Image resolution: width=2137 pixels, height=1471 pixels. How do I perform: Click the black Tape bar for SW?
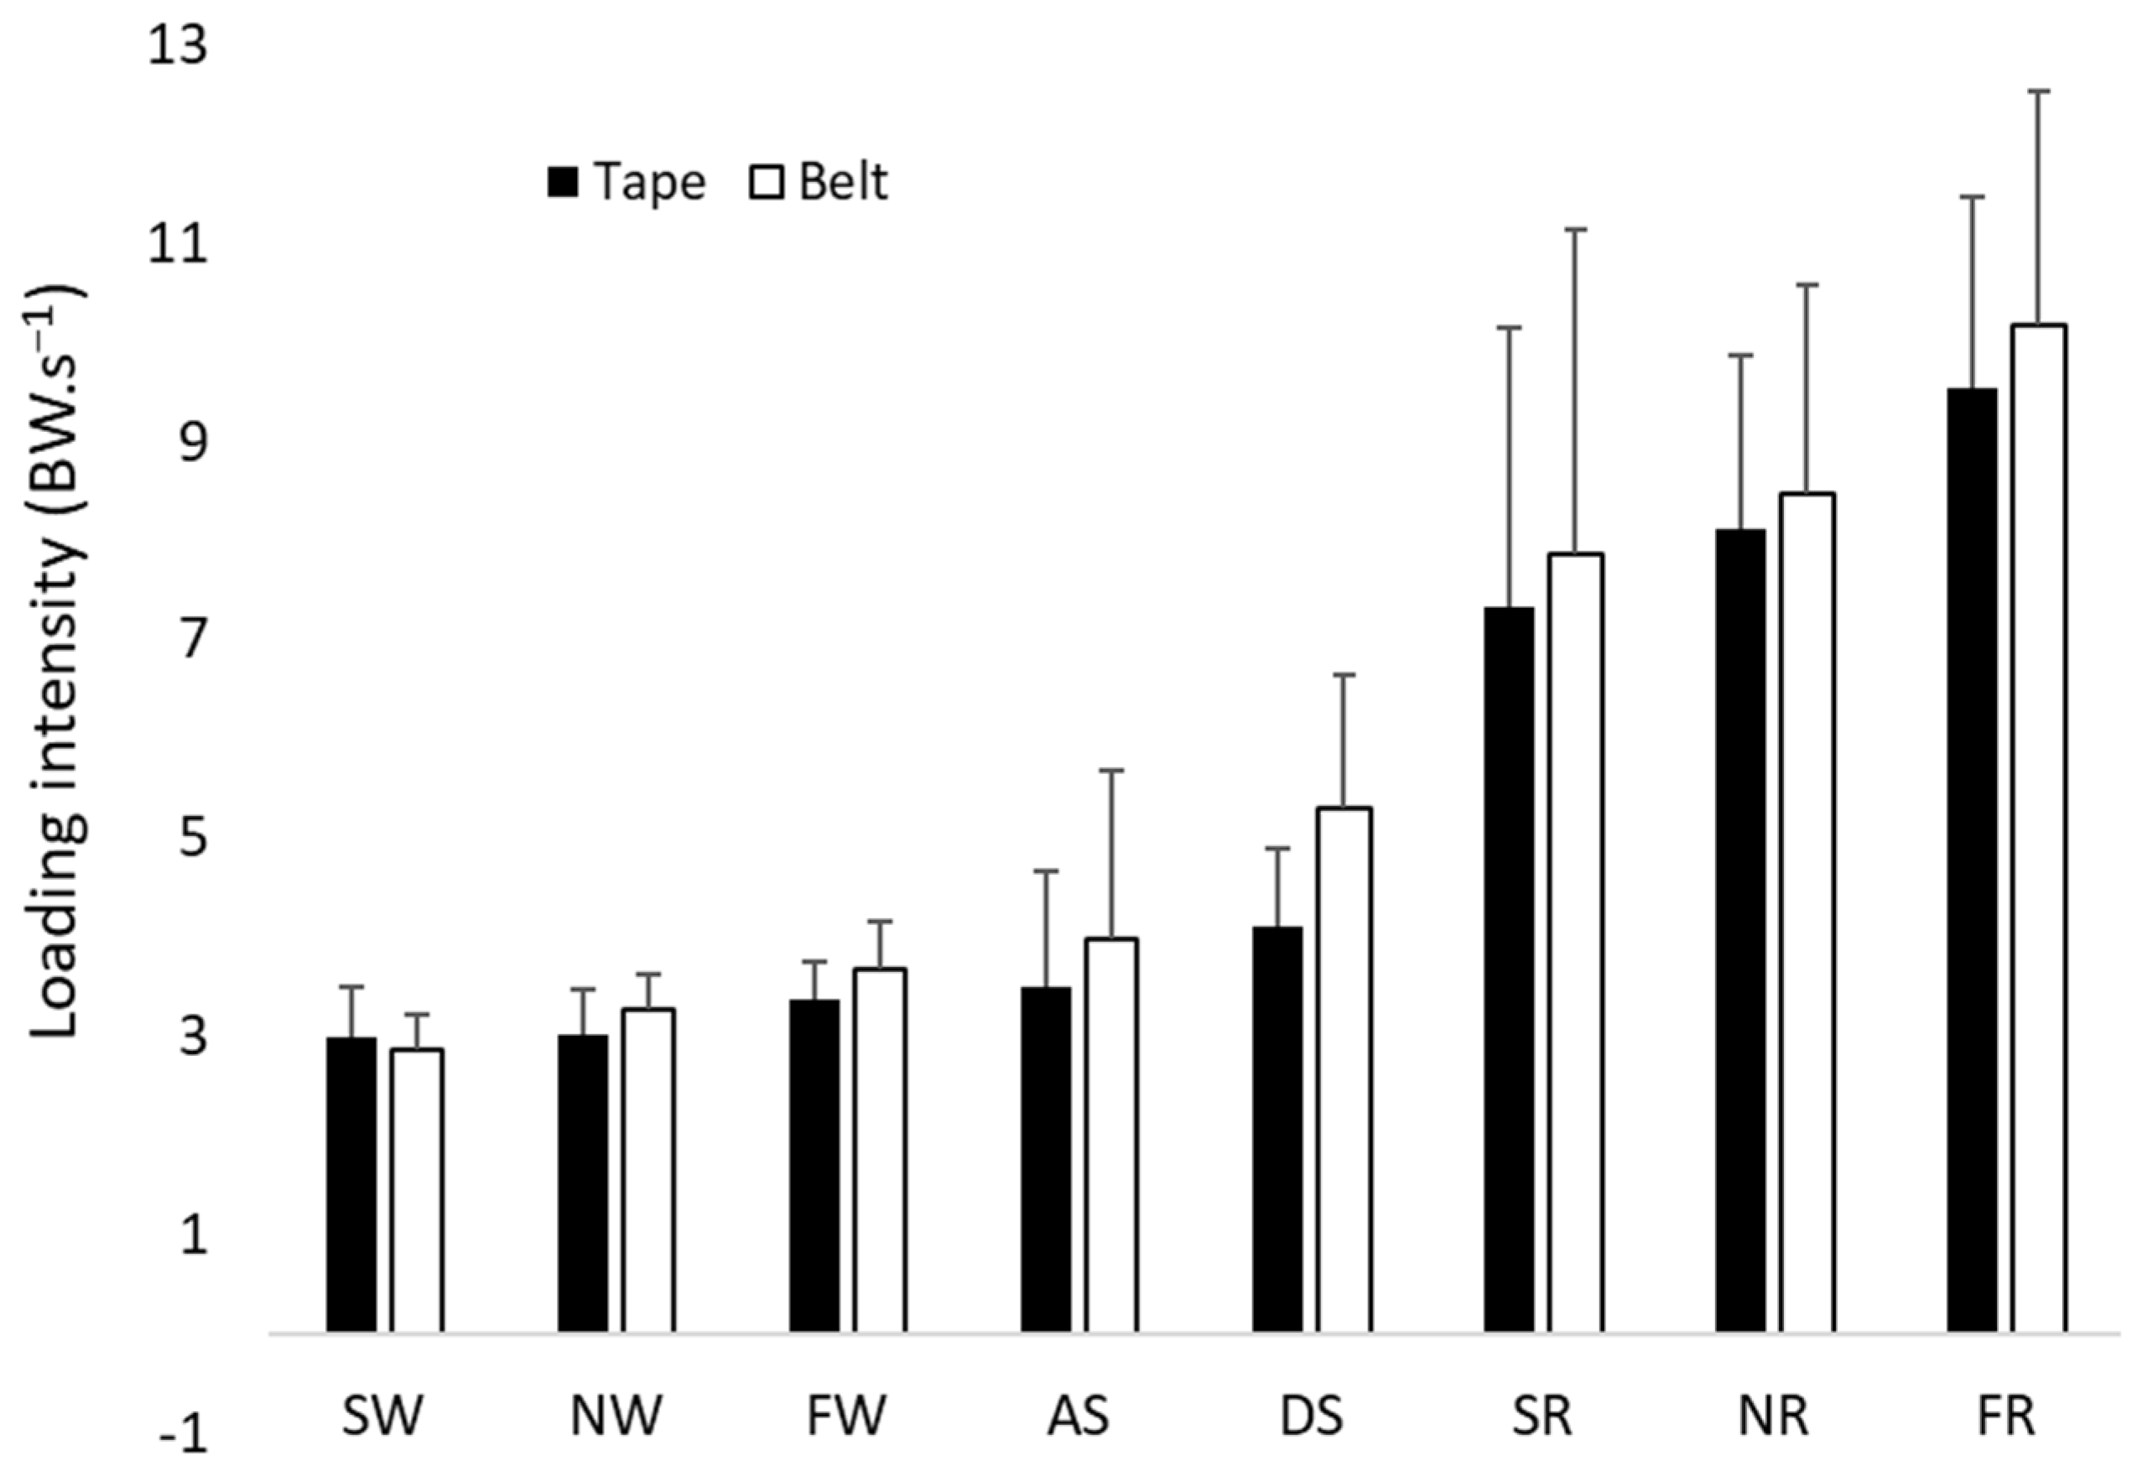351,1184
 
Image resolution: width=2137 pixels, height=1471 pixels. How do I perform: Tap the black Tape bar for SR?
1510,969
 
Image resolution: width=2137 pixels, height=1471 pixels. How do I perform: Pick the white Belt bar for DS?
1344,1069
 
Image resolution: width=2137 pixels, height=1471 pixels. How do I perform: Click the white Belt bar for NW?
647,1170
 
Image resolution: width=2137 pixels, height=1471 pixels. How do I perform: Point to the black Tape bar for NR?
1741,931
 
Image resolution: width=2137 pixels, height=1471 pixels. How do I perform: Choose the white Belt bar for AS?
1111,1135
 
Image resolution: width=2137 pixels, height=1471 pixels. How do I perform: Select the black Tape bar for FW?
814,1165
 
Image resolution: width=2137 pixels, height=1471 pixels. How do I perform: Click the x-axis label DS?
1312,1416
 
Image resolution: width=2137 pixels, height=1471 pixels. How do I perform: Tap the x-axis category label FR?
2005,1416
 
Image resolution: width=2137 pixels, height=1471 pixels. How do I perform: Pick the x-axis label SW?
382,1416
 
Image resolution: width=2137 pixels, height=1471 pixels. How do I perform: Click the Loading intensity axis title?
57,663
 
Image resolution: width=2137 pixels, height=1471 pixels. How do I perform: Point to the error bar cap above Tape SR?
1509,327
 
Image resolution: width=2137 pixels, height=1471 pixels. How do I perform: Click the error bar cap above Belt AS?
1111,770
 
